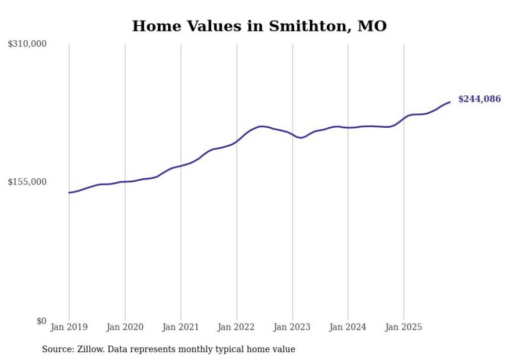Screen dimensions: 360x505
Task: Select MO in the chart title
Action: pyautogui.click(x=372, y=26)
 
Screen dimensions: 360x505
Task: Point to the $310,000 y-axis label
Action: pyautogui.click(x=27, y=44)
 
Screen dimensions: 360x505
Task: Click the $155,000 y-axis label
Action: pyautogui.click(x=27, y=182)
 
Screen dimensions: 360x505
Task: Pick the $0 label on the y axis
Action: pyautogui.click(x=41, y=321)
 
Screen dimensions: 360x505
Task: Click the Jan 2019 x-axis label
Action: pyautogui.click(x=69, y=327)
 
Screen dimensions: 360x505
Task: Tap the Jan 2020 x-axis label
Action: pyautogui.click(x=125, y=327)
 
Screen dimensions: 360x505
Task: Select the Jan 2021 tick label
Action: pyautogui.click(x=180, y=327)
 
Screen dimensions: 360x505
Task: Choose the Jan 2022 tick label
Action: pyautogui.click(x=237, y=327)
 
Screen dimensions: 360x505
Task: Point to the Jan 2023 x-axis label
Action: pyautogui.click(x=292, y=327)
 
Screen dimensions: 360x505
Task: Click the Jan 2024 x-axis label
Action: pyautogui.click(x=348, y=327)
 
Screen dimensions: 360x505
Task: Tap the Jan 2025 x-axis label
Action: pyautogui.click(x=403, y=327)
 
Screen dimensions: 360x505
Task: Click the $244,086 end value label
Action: pyautogui.click(x=479, y=99)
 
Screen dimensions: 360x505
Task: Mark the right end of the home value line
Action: pyautogui.click(x=450, y=102)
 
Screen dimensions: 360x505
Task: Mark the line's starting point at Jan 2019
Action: pyautogui.click(x=69, y=193)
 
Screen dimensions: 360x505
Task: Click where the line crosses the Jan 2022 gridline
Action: pyautogui.click(x=237, y=141)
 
